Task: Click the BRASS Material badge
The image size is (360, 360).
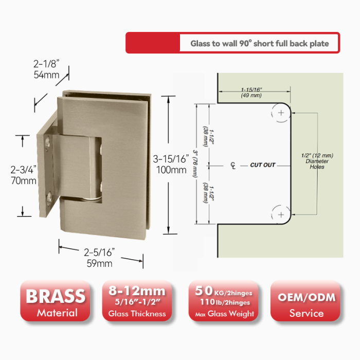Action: pyautogui.click(x=55, y=300)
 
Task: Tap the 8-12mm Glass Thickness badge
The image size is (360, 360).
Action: pyautogui.click(x=137, y=300)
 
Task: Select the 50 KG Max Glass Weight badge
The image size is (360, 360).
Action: pyautogui.click(x=224, y=300)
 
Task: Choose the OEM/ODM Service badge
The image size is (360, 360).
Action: pyautogui.click(x=305, y=300)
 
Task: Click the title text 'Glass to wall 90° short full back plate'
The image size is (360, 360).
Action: pyautogui.click(x=259, y=43)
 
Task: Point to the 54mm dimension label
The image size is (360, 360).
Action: pyautogui.click(x=46, y=75)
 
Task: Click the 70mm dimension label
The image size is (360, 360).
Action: pyautogui.click(x=24, y=181)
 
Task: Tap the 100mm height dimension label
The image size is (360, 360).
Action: pyautogui.click(x=171, y=170)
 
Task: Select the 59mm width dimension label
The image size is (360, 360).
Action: pyautogui.click(x=99, y=263)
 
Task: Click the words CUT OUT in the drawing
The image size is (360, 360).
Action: pyautogui.click(x=263, y=165)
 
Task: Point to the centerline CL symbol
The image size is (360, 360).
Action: pyautogui.click(x=233, y=165)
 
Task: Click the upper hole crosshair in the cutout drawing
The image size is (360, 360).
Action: pyautogui.click(x=281, y=113)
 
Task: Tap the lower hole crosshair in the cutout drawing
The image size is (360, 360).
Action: pyautogui.click(x=281, y=214)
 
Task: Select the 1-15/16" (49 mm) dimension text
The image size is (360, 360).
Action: pyautogui.click(x=251, y=93)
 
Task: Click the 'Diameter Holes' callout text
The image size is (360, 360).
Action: pyautogui.click(x=317, y=164)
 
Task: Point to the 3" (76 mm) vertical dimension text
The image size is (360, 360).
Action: pyautogui.click(x=195, y=164)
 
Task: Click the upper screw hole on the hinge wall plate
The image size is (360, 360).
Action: pyautogui.click(x=47, y=142)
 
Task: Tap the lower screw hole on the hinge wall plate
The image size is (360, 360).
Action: pyautogui.click(x=49, y=198)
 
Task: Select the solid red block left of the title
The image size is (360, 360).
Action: pyautogui.click(x=153, y=43)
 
